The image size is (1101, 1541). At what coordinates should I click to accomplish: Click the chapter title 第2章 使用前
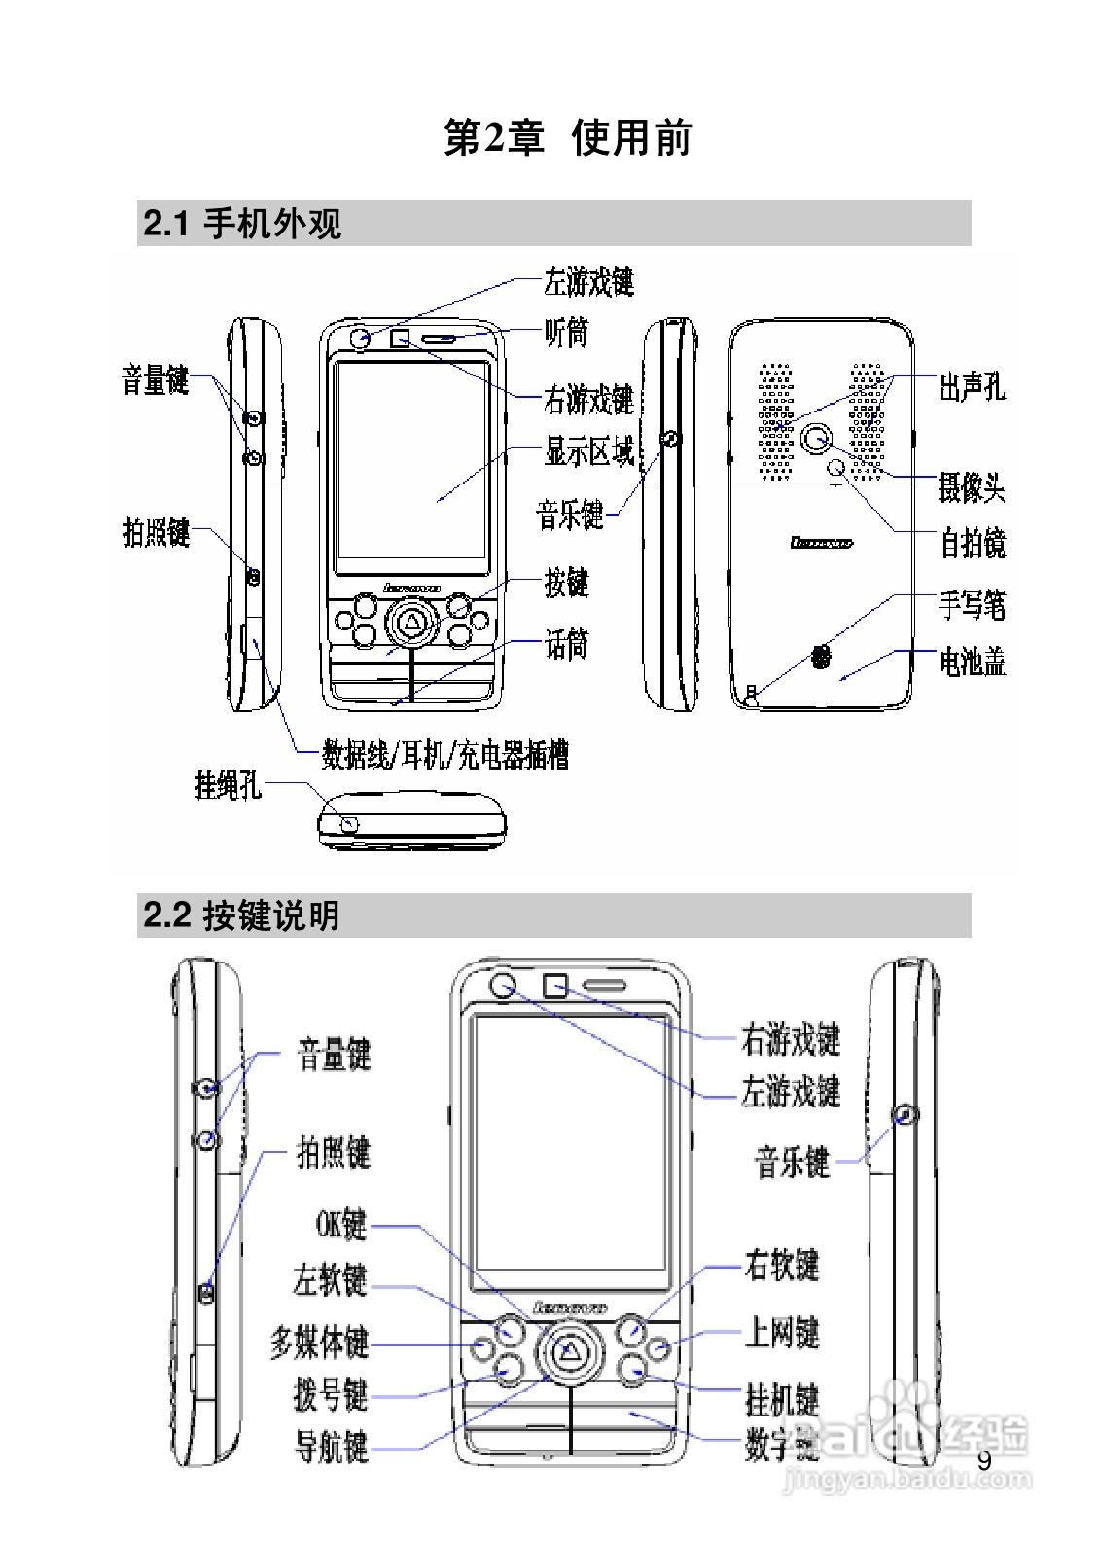pos(567,137)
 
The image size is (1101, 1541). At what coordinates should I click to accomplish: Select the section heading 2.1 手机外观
pos(242,224)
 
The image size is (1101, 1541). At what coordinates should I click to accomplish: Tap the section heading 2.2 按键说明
pos(241,915)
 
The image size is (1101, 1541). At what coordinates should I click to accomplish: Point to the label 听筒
pos(566,334)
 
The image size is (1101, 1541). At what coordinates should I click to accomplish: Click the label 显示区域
pos(589,453)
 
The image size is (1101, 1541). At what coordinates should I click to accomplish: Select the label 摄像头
pos(971,486)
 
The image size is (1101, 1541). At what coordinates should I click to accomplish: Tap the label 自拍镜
pos(972,543)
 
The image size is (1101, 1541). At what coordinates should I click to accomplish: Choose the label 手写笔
pos(972,605)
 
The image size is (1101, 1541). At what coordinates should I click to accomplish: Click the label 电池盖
pos(972,663)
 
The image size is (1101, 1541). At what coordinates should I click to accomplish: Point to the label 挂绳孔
pos(228,784)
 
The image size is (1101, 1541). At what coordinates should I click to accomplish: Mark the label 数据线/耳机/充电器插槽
pos(445,755)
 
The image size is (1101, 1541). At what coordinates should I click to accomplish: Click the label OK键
pos(341,1224)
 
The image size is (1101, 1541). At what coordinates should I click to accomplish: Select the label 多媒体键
pos(320,1344)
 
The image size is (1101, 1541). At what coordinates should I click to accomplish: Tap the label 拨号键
pos(331,1394)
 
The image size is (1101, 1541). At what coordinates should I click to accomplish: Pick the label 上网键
pos(782,1332)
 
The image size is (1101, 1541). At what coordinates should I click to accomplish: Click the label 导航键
pos(331,1448)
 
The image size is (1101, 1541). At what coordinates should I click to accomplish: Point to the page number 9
pos(984,1461)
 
